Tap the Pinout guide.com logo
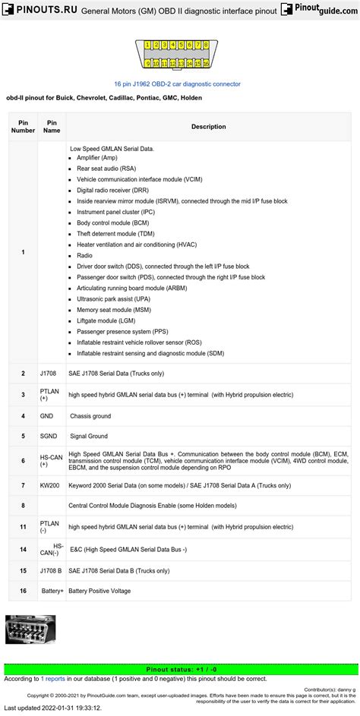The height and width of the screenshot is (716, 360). [x=318, y=11]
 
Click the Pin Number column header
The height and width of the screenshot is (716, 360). [x=23, y=126]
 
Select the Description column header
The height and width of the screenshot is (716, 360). [x=208, y=126]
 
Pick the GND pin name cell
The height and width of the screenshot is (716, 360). [x=46, y=416]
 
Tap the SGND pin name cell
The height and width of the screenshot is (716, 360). [x=48, y=436]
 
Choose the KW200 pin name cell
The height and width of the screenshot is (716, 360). [x=49, y=485]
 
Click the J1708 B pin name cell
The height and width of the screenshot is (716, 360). [x=52, y=569]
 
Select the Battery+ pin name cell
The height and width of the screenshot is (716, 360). [x=52, y=591]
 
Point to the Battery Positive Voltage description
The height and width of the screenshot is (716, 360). [x=99, y=591]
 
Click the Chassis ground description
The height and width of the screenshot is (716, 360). [x=90, y=416]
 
